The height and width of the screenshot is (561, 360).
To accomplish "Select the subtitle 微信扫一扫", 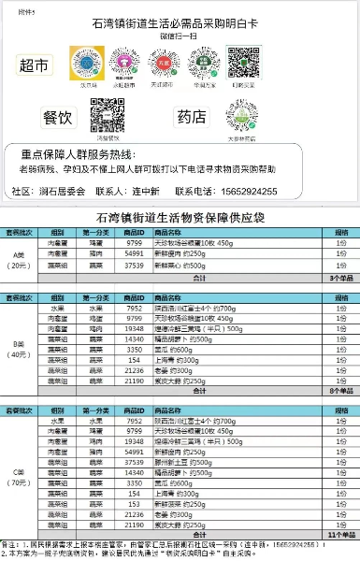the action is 180,36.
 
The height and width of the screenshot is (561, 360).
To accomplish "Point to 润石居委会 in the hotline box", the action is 61,191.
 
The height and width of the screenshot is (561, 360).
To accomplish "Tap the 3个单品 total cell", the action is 338,279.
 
